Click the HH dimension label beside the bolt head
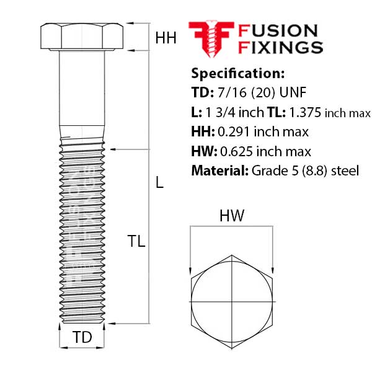tap(166, 38)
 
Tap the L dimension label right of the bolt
tap(159, 183)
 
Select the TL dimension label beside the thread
tap(136, 242)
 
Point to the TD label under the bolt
tap(82, 338)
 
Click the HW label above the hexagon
tap(232, 216)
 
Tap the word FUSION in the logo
tap(278, 31)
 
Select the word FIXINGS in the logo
tap(280, 48)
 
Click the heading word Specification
tap(237, 73)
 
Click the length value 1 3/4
tap(218, 113)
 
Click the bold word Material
tap(218, 170)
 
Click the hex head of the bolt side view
tap(82, 37)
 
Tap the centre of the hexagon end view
tap(231, 299)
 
